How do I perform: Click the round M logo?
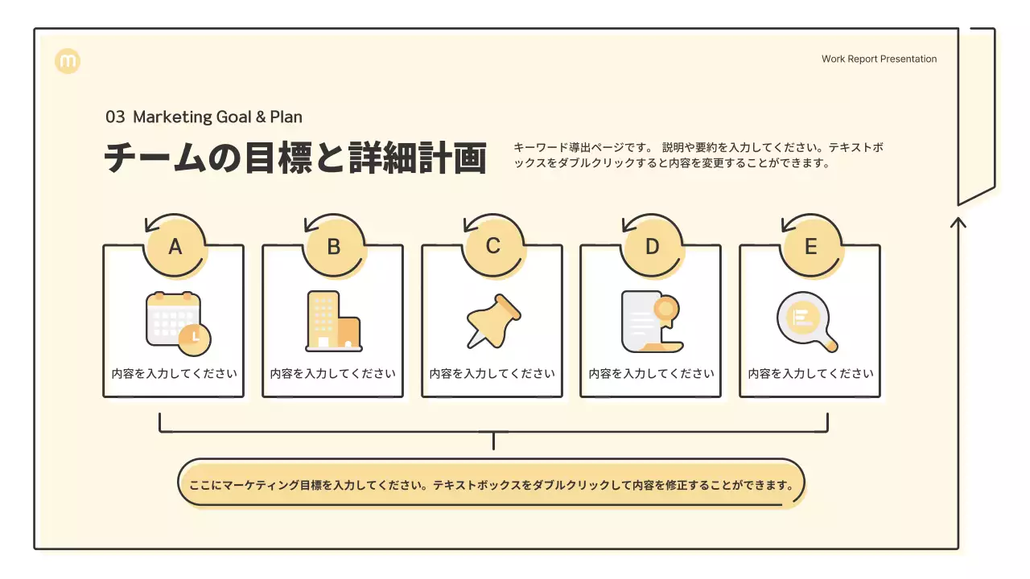[68, 61]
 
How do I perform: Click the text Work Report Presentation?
[879, 59]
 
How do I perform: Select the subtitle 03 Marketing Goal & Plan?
[204, 117]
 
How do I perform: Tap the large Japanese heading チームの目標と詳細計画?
[295, 158]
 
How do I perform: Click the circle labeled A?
[175, 247]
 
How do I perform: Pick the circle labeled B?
[334, 247]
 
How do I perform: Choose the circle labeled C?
[493, 247]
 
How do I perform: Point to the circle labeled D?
[652, 247]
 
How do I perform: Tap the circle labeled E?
[810, 247]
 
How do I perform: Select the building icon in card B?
[333, 322]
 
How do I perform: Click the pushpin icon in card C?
[493, 321]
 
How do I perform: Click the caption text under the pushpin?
[492, 374]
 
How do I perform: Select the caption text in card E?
[810, 374]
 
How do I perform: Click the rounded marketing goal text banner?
[491, 485]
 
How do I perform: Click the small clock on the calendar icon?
[195, 338]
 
